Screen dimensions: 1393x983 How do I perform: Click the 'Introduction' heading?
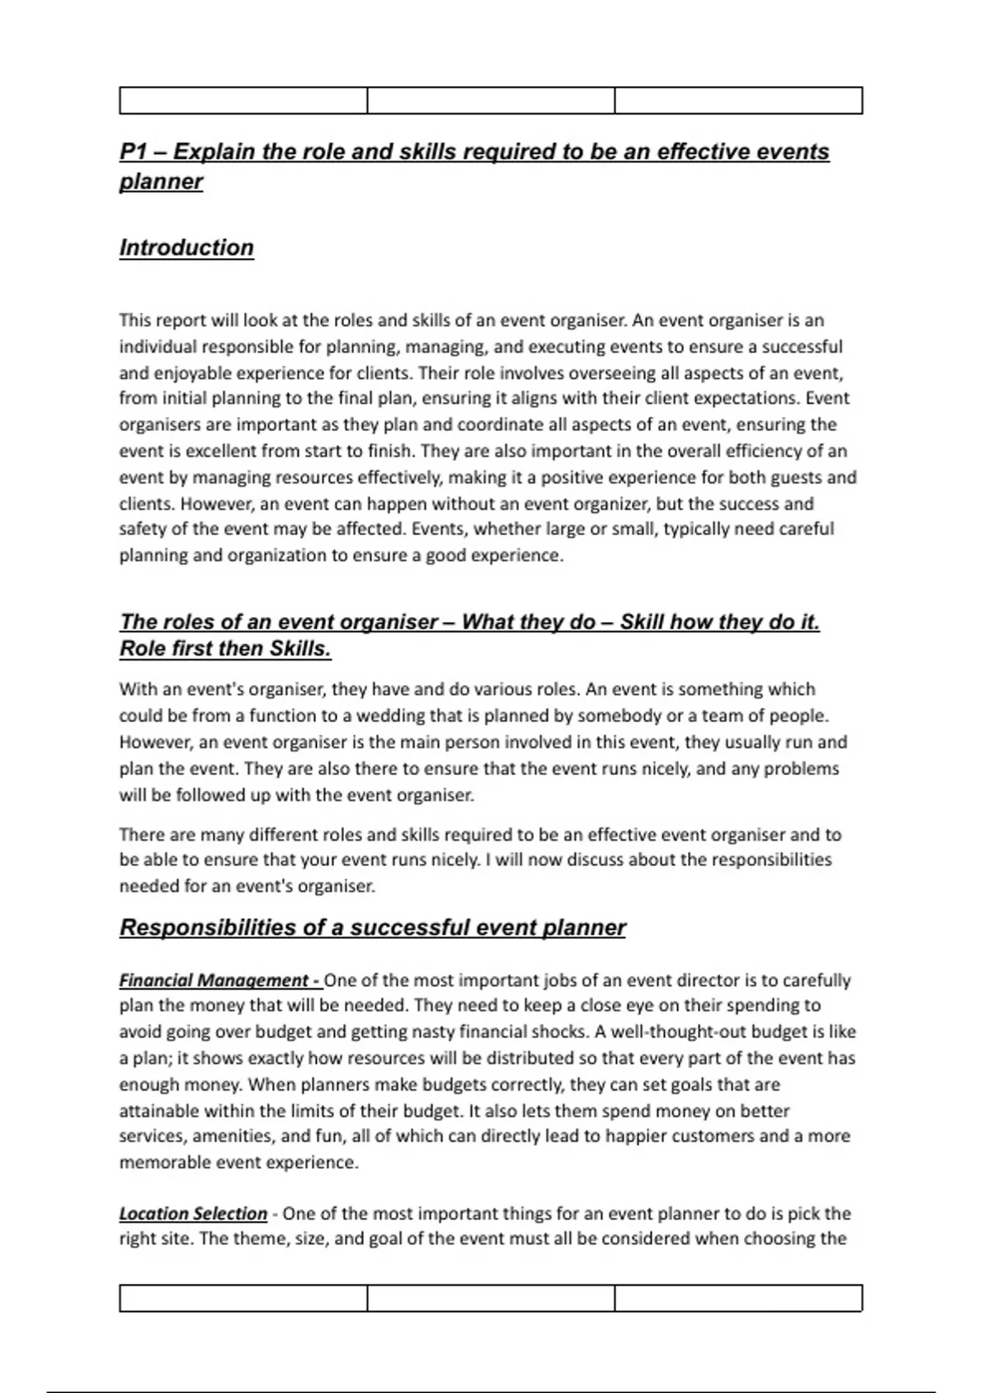click(187, 247)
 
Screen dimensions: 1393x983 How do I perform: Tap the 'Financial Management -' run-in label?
click(220, 980)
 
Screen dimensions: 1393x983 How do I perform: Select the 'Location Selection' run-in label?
click(193, 1214)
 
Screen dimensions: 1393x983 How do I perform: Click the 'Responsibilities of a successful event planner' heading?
click(373, 928)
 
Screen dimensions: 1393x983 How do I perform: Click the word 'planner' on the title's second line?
click(161, 182)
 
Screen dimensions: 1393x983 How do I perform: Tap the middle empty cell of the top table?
click(491, 101)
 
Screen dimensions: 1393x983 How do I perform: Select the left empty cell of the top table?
click(243, 101)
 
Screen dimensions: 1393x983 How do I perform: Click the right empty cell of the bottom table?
click(738, 1298)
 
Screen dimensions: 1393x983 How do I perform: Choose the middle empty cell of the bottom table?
click(491, 1298)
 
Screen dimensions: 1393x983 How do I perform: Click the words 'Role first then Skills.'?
click(225, 649)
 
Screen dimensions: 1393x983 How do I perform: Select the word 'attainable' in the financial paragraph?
click(158, 1111)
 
